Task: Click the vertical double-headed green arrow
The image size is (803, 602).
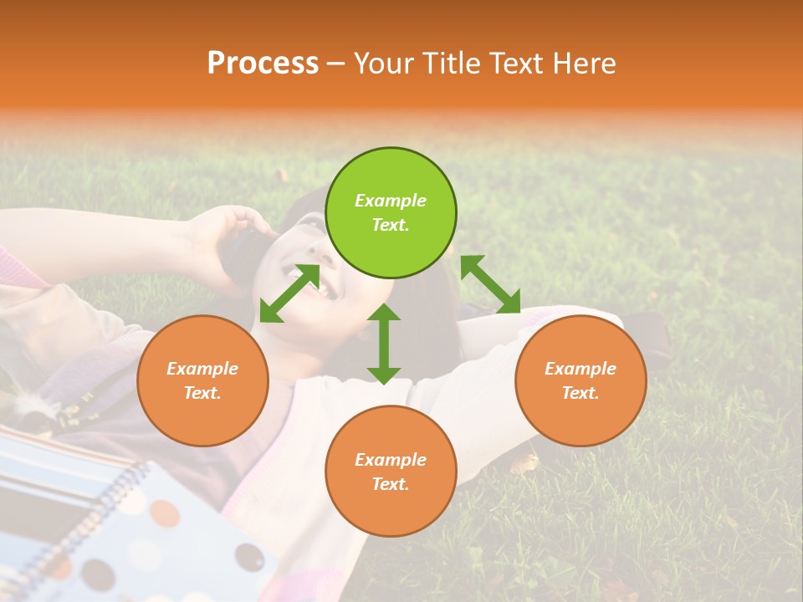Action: pyautogui.click(x=384, y=344)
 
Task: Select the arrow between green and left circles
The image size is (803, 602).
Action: pyautogui.click(x=289, y=293)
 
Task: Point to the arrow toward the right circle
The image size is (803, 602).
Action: pyautogui.click(x=491, y=284)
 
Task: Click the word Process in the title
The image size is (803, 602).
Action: pyautogui.click(x=263, y=63)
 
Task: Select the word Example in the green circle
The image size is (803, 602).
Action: pyautogui.click(x=391, y=201)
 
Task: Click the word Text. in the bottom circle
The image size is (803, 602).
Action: pyautogui.click(x=391, y=484)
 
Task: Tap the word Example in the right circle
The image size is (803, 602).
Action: pyautogui.click(x=580, y=369)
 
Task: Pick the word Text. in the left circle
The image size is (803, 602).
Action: pyautogui.click(x=202, y=393)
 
